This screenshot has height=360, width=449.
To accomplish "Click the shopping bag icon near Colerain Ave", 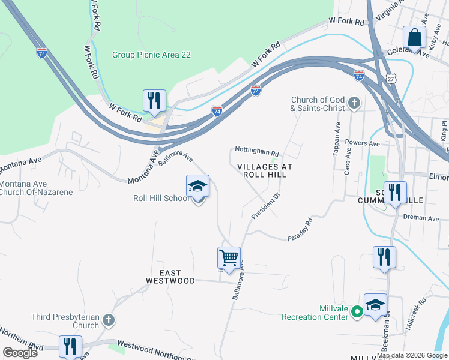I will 414,37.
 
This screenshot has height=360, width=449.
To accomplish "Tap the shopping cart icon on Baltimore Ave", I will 229,258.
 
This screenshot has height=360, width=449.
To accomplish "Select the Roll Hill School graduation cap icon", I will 197,187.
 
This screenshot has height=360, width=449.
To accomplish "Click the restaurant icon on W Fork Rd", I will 154,101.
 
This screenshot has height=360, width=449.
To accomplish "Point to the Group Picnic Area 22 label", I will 151,55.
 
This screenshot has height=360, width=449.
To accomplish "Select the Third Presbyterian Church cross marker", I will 108,319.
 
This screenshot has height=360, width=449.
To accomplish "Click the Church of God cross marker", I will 354,103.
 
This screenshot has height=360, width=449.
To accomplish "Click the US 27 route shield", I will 391,79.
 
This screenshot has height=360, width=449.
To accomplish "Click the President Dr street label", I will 266,206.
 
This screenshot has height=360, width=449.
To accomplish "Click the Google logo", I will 20,353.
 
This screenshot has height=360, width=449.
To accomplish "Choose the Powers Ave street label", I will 363,144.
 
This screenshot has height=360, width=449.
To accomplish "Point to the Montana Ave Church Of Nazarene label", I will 36,188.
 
